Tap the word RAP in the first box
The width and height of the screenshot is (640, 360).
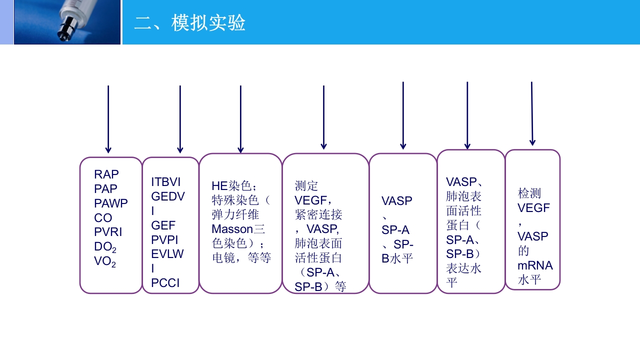pos(106,174)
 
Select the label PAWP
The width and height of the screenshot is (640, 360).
pos(111,203)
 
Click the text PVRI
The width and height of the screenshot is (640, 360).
pos(108,232)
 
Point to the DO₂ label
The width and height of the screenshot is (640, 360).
pos(105,247)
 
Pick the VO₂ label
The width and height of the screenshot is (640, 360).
pos(105,261)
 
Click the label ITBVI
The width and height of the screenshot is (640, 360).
pos(166,182)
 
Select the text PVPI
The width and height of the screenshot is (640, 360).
pos(164,240)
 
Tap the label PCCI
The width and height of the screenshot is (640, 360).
pos(165,283)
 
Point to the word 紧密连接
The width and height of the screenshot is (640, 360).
pos(318,215)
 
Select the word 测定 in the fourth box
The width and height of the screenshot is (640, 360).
pos(306,186)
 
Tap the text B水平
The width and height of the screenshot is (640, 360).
pos(397,259)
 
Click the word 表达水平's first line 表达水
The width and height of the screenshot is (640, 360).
pos(463,268)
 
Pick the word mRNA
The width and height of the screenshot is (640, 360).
pos(535,265)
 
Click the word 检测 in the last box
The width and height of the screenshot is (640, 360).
pos(529,193)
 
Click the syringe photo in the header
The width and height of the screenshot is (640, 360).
pos(67,22)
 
